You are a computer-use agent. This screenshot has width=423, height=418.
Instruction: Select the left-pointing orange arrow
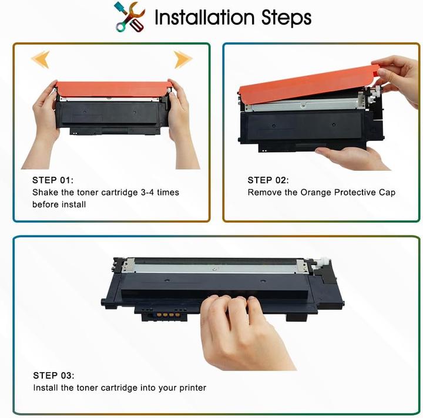coord(40,59)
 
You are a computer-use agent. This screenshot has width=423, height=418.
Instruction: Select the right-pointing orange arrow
coord(183,59)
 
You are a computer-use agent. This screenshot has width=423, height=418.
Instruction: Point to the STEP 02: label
coord(268,180)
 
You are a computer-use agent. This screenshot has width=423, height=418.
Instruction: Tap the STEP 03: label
coord(53,375)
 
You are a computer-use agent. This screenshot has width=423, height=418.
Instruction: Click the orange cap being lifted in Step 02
coord(305,85)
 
